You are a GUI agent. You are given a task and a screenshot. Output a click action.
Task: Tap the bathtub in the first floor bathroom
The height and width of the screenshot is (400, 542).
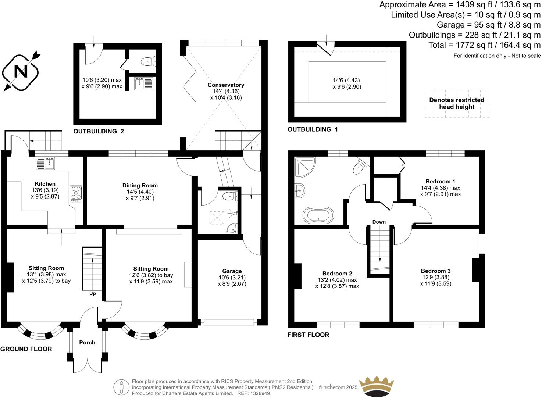point(318,215)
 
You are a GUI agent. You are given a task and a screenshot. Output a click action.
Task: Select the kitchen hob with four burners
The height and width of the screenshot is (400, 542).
point(76,193)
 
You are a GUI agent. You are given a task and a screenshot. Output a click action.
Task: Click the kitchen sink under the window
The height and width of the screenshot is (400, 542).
point(45,164)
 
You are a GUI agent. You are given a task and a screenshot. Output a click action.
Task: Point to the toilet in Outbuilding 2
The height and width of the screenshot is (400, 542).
point(149,61)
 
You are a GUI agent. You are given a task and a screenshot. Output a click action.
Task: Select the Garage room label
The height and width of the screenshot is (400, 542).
point(232,271)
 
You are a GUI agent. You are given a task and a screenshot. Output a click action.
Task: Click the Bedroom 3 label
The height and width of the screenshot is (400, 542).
point(435,271)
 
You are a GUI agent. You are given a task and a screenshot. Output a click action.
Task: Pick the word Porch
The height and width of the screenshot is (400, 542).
point(87,343)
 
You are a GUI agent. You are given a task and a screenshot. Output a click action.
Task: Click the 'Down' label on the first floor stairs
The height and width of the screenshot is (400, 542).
point(379,222)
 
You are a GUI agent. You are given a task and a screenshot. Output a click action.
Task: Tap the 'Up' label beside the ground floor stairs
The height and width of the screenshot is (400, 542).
point(93,294)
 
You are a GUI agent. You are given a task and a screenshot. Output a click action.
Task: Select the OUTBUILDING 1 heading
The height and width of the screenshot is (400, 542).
point(313,129)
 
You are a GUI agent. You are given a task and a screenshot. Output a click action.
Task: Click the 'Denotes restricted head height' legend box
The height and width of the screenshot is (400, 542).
point(457,104)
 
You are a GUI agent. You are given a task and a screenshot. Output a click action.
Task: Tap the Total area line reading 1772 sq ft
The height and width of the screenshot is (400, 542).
point(484,45)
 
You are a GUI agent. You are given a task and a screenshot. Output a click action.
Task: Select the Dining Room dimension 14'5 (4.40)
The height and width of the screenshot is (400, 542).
point(140,192)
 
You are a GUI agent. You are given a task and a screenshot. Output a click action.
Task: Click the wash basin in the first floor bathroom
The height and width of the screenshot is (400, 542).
point(300,190)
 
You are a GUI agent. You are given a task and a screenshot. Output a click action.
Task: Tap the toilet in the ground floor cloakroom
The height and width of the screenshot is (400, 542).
point(230,196)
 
